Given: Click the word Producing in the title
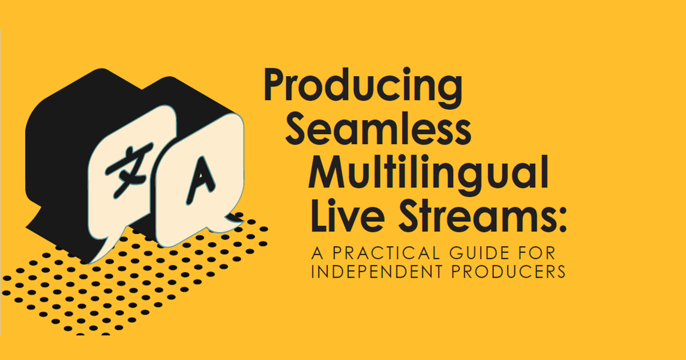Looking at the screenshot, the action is tap(363, 87).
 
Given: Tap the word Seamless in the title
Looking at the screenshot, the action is tap(378, 128).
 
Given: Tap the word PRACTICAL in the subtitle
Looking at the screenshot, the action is tap(386, 253).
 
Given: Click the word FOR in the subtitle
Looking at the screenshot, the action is tap(537, 253).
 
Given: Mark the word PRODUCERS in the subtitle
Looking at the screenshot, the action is tap(508, 271).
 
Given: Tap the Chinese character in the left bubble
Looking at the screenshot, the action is tap(129, 169).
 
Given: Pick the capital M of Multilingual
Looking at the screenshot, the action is tap(327, 171).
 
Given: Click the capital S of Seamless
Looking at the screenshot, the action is tap(295, 128).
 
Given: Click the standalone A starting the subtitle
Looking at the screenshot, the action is tap(317, 253).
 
